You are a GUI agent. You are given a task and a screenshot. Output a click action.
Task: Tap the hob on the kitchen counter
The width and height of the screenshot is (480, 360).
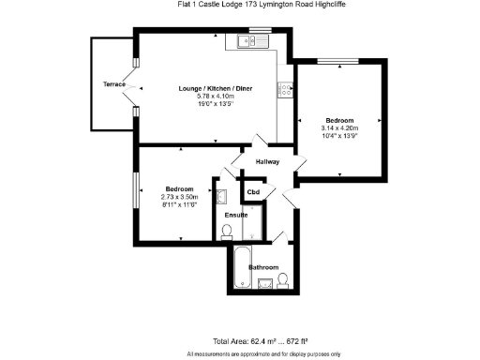282,90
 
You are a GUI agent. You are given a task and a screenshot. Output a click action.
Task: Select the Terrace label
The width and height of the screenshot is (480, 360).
114,84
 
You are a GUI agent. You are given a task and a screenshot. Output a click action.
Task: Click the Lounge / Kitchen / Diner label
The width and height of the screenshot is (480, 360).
212,88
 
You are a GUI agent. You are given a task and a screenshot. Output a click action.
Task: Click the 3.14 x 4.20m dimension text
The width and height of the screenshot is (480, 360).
339,128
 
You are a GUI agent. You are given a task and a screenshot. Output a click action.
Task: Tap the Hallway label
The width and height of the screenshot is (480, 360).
267,162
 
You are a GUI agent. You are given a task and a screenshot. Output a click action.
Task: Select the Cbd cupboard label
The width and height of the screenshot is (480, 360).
252,192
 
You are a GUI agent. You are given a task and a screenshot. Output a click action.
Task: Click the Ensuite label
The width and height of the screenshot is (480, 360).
235,215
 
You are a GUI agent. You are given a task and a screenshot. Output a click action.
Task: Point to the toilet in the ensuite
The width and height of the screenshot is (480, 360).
227,232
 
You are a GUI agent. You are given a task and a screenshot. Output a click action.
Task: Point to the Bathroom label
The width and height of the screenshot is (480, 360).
263,268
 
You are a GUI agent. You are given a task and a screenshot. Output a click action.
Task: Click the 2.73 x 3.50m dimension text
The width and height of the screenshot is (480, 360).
180,197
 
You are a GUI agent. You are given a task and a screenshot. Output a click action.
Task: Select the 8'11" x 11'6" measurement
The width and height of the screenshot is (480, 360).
180,204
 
